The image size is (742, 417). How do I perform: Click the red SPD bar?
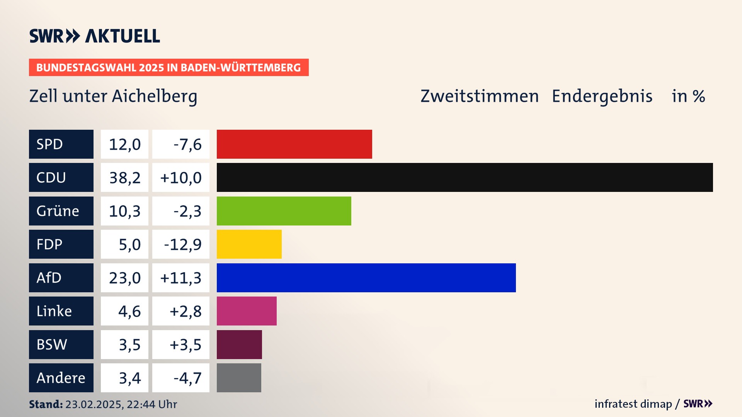[294, 144]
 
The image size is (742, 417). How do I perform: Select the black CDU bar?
[465, 178]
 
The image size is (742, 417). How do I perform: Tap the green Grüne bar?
[284, 211]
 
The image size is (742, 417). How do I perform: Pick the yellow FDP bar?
[249, 244]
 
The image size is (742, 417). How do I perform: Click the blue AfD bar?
[366, 278]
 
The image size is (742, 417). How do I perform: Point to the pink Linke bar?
[247, 311]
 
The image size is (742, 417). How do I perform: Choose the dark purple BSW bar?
[239, 344]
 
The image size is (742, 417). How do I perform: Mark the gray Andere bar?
[239, 378]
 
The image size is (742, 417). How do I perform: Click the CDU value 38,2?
[125, 178]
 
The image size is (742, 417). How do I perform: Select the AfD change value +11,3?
[181, 278]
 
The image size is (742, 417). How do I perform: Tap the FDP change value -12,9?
[183, 244]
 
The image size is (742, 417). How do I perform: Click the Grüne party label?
[58, 211]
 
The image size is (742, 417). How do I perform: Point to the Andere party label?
[61, 378]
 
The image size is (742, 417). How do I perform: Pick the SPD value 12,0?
[125, 144]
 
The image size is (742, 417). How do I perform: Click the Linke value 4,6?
[129, 311]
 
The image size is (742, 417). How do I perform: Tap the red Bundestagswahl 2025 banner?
[168, 68]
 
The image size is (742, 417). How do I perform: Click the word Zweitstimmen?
[480, 96]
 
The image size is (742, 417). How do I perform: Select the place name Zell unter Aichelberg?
[113, 96]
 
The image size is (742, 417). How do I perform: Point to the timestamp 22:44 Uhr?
[152, 404]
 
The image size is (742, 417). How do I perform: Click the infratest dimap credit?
[633, 404]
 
